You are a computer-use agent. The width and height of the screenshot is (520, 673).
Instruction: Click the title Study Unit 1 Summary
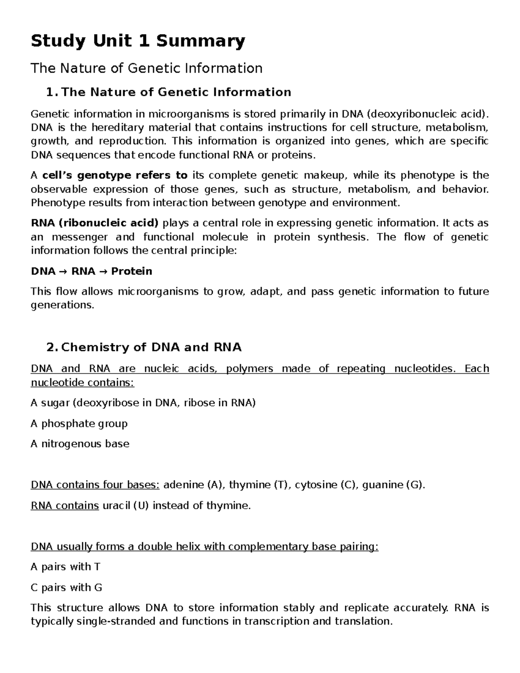pyautogui.click(x=138, y=41)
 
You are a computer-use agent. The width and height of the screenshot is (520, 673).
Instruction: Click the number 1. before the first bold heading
pyautogui.click(x=52, y=92)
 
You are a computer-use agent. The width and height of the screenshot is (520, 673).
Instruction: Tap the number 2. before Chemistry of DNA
pyautogui.click(x=52, y=348)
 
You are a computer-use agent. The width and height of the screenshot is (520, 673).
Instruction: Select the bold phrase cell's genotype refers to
pyautogui.click(x=115, y=175)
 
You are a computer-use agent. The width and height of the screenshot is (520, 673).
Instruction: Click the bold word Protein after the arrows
pyautogui.click(x=132, y=271)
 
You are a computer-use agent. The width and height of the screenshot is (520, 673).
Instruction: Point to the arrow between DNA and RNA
pyautogui.click(x=63, y=272)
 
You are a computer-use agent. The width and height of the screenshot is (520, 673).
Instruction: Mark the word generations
pyautogui.click(x=62, y=305)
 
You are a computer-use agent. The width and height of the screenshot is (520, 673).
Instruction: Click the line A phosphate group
pyautogui.click(x=79, y=423)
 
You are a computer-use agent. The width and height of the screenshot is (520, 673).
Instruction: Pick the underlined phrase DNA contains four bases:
pyautogui.click(x=95, y=484)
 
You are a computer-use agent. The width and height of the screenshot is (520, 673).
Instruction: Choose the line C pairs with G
pyautogui.click(x=66, y=588)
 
